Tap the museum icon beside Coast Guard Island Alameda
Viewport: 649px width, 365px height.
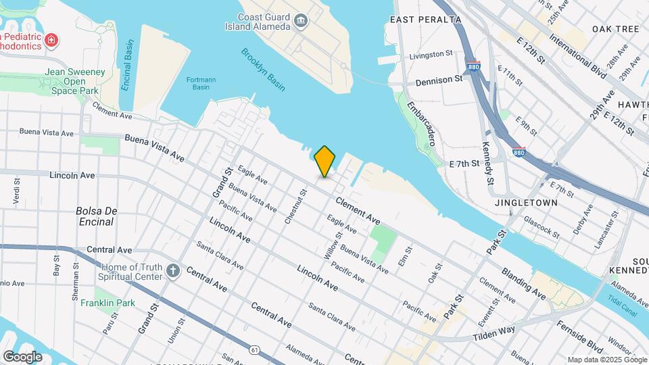(x=301, y=25)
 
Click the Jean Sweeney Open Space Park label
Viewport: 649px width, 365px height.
(x=72, y=81)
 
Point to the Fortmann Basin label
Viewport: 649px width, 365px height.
(x=200, y=84)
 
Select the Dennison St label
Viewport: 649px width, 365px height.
(x=439, y=79)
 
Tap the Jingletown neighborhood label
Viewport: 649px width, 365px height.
(x=527, y=202)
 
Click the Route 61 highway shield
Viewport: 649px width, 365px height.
(x=254, y=349)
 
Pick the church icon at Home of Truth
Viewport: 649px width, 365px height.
(x=173, y=272)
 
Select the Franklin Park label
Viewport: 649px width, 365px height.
(x=107, y=303)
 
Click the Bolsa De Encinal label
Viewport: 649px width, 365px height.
(x=97, y=216)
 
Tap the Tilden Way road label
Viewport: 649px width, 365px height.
(x=494, y=331)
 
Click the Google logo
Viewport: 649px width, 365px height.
(x=22, y=356)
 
